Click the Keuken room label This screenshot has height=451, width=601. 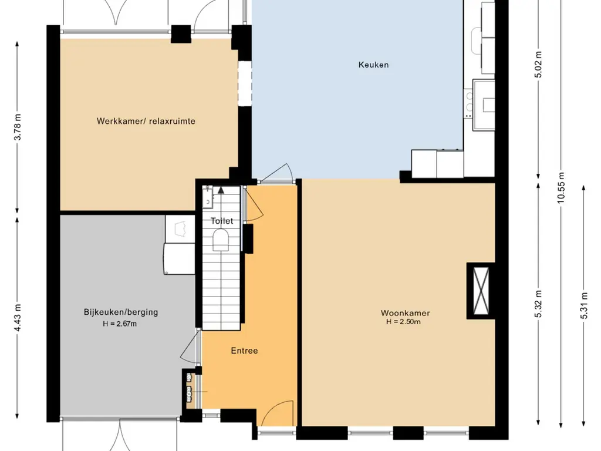373,65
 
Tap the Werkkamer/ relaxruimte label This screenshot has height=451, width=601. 146,121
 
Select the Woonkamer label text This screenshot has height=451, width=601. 405,313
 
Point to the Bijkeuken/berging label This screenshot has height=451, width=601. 121,312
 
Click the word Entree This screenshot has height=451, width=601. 244,351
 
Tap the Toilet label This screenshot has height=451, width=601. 221,221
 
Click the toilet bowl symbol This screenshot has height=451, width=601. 221,240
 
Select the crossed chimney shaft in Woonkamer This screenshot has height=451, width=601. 481,291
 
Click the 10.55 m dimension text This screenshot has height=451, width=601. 561,188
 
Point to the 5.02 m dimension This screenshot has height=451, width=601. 539,64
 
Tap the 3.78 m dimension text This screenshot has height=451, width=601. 17,127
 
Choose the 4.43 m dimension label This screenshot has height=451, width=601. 17,317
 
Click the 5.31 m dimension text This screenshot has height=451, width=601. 584,305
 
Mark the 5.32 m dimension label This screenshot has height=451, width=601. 539,304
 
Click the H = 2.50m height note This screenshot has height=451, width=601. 403,322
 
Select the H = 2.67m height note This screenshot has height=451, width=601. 120,324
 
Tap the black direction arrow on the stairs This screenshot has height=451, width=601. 221,190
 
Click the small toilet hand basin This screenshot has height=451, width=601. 208,197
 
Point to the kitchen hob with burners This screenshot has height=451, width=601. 468,103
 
